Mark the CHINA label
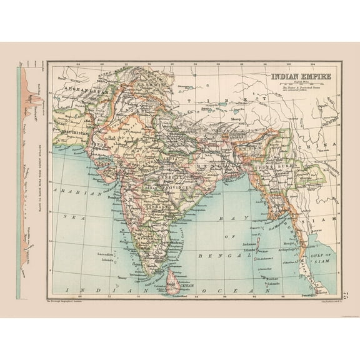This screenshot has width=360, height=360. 326,143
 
